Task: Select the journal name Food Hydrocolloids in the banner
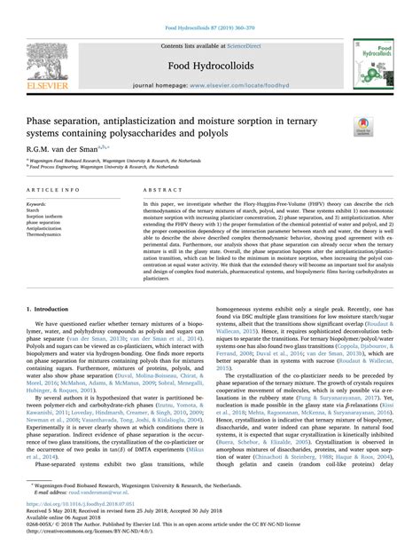210,58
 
